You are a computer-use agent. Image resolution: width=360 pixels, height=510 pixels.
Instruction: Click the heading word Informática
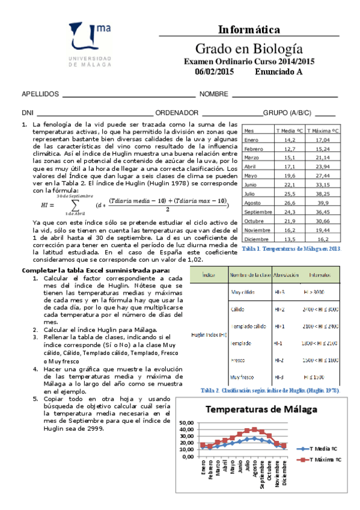tap(249, 29)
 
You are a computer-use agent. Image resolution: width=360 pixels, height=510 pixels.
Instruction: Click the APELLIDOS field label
tap(40, 94)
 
